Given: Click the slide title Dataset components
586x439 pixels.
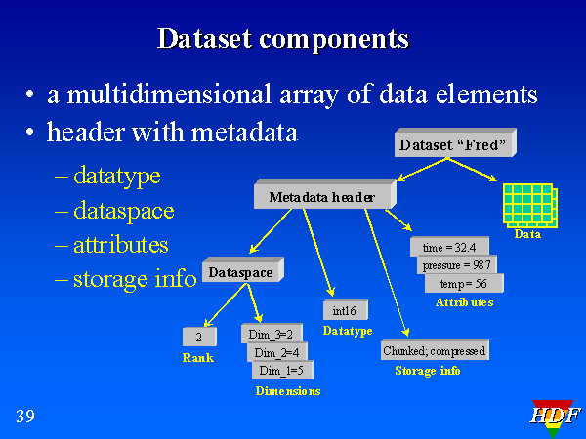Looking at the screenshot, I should pyautogui.click(x=282, y=39).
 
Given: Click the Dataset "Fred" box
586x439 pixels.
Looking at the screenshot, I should pyautogui.click(x=453, y=145).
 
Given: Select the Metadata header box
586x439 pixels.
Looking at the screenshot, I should pyautogui.click(x=321, y=197).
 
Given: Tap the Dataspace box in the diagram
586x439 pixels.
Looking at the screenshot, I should pyautogui.click(x=240, y=272).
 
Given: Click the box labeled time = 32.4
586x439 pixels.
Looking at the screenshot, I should pyautogui.click(x=449, y=247).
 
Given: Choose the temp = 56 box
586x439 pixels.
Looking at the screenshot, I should pyautogui.click(x=463, y=284).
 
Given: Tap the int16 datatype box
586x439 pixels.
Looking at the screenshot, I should pyautogui.click(x=345, y=311).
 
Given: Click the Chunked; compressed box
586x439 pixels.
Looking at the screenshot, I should pyautogui.click(x=434, y=350).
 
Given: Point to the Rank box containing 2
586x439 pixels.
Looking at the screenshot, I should pyautogui.click(x=198, y=338).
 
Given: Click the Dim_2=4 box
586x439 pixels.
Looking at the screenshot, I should pyautogui.click(x=277, y=352).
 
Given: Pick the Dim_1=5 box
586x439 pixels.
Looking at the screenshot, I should pyautogui.click(x=284, y=371).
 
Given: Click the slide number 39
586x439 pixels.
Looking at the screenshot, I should pyautogui.click(x=25, y=418).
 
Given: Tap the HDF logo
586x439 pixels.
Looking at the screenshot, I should pyautogui.click(x=554, y=417).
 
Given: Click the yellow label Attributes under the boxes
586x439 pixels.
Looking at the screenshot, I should pyautogui.click(x=464, y=302).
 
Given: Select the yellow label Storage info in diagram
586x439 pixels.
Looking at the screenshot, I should pyautogui.click(x=427, y=371).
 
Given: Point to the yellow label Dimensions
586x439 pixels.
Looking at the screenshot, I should pyautogui.click(x=288, y=390).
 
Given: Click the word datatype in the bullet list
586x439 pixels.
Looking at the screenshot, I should pyautogui.click(x=116, y=177).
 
